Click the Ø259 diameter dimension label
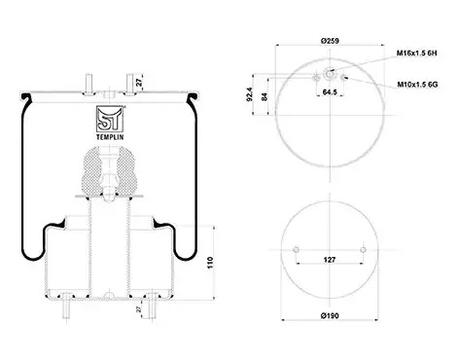[x=330, y=41]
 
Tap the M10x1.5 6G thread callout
[x=417, y=85]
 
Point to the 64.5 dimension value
[x=330, y=92]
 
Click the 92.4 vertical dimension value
[x=249, y=94]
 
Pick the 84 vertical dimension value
[x=265, y=96]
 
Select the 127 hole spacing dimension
[x=330, y=260]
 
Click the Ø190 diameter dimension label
[x=330, y=315]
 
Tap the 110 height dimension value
[x=210, y=263]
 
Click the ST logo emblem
[x=110, y=119]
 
